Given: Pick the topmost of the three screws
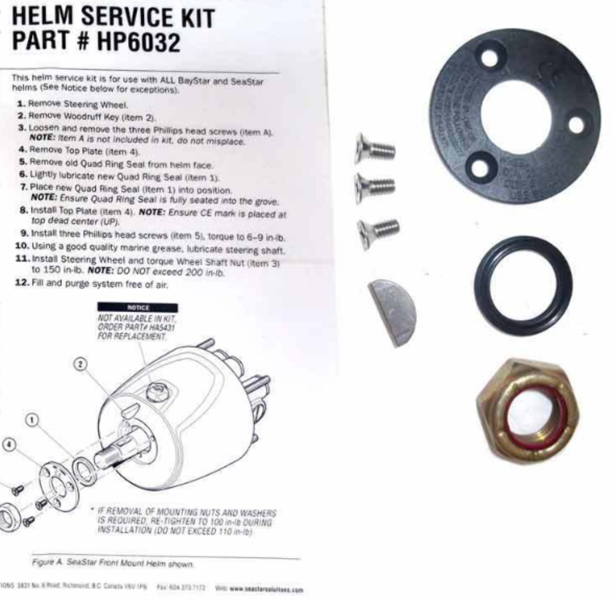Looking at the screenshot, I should tap(375, 148).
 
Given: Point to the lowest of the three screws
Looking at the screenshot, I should tap(377, 231).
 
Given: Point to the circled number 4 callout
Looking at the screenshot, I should tap(6, 443).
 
